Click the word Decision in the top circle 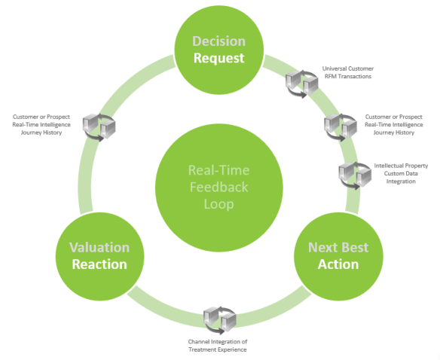point(218,41)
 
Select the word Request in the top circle point(218,58)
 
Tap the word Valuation point(99,248)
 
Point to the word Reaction point(99,264)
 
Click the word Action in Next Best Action point(338,264)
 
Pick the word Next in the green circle point(322,248)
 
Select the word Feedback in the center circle point(218,187)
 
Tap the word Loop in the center point(218,203)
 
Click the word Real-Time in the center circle point(218,170)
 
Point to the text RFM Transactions point(347,75)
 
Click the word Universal point(335,68)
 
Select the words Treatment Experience point(217,350)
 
